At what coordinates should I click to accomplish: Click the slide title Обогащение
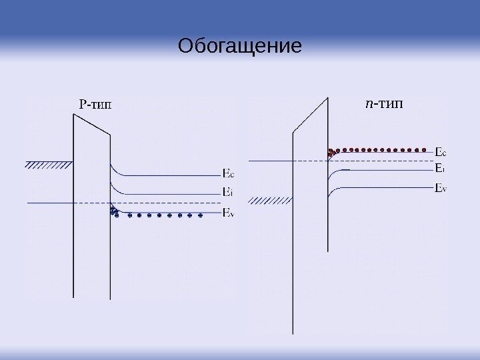(240, 47)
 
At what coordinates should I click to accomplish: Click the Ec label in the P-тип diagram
(227, 175)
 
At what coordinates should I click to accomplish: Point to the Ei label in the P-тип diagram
(227, 193)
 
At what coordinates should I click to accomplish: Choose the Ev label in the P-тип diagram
(227, 213)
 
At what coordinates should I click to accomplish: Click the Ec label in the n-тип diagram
(440, 151)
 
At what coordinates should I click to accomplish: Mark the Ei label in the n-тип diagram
(439, 167)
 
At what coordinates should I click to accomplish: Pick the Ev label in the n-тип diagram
(440, 188)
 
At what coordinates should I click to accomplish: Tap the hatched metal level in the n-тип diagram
(270, 199)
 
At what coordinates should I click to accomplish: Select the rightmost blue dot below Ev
(201, 215)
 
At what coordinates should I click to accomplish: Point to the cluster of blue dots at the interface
(114, 212)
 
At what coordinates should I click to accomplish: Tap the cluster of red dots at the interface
(331, 152)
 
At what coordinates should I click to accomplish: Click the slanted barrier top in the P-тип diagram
(92, 125)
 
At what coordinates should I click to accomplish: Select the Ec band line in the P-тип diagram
(167, 175)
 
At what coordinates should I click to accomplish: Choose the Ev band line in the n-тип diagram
(387, 189)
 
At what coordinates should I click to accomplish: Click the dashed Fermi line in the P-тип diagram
(167, 203)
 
